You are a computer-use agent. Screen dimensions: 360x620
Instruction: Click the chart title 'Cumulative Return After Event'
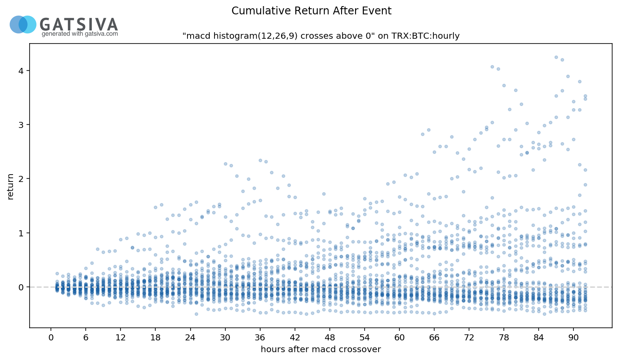312,11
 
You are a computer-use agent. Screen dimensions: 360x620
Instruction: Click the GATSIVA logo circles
23,24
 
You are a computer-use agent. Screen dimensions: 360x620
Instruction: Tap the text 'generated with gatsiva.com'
80,34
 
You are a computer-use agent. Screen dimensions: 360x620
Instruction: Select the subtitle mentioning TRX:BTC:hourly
321,36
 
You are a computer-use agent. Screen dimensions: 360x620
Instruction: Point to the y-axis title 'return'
11,187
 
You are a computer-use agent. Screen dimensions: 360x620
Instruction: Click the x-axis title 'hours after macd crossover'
321,350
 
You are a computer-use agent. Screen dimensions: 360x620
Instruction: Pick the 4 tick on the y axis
21,71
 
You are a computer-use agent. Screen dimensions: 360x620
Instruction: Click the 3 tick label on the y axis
21,125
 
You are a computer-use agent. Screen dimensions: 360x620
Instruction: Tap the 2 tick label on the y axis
21,179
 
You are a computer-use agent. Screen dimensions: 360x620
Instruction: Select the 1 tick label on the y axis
21,233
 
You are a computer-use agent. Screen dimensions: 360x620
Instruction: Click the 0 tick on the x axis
51,337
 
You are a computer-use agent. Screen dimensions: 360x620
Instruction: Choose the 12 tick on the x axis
121,337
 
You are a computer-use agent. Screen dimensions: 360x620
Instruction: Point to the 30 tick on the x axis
225,337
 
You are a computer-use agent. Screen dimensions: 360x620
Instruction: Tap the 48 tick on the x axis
330,337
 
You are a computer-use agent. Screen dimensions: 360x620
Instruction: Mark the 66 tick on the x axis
434,337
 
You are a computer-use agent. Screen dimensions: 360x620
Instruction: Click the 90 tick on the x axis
573,337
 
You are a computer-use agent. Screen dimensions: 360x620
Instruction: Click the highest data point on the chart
556,57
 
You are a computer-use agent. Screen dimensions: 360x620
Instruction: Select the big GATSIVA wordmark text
79,24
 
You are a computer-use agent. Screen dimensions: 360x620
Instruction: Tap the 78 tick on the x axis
504,337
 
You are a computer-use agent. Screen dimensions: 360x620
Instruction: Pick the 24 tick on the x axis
190,337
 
